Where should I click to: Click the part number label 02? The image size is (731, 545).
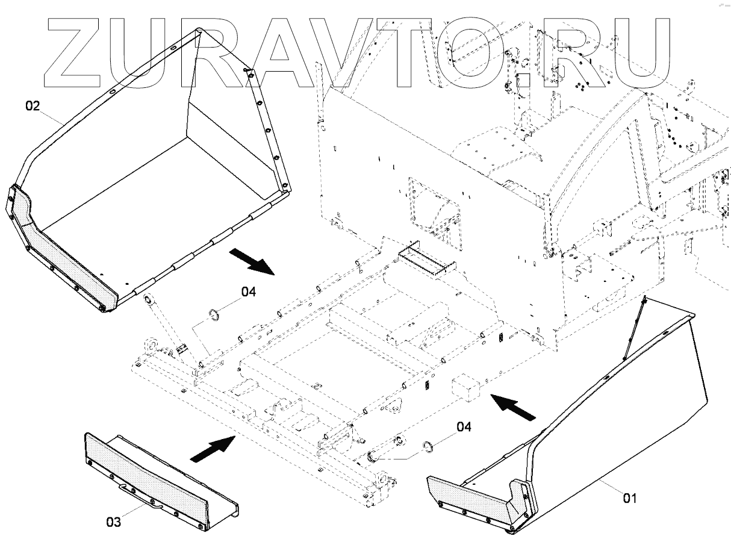(33, 107)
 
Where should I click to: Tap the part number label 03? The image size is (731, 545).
(114, 522)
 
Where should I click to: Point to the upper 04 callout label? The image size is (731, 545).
(249, 292)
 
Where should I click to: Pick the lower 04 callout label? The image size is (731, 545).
(463, 427)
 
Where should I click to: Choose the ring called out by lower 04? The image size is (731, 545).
(428, 446)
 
